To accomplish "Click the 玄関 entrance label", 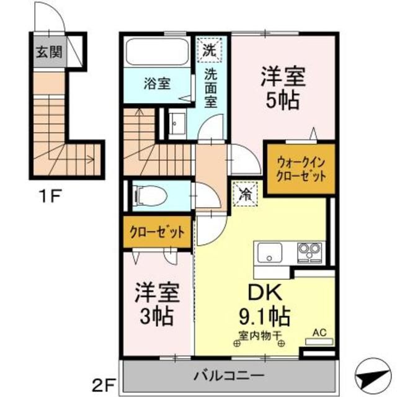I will tap(48, 53).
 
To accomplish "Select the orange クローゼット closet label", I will tap(158, 233).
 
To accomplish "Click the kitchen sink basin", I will tap(270, 252).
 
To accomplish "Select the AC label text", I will tap(318, 332).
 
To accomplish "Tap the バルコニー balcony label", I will tap(227, 375).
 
